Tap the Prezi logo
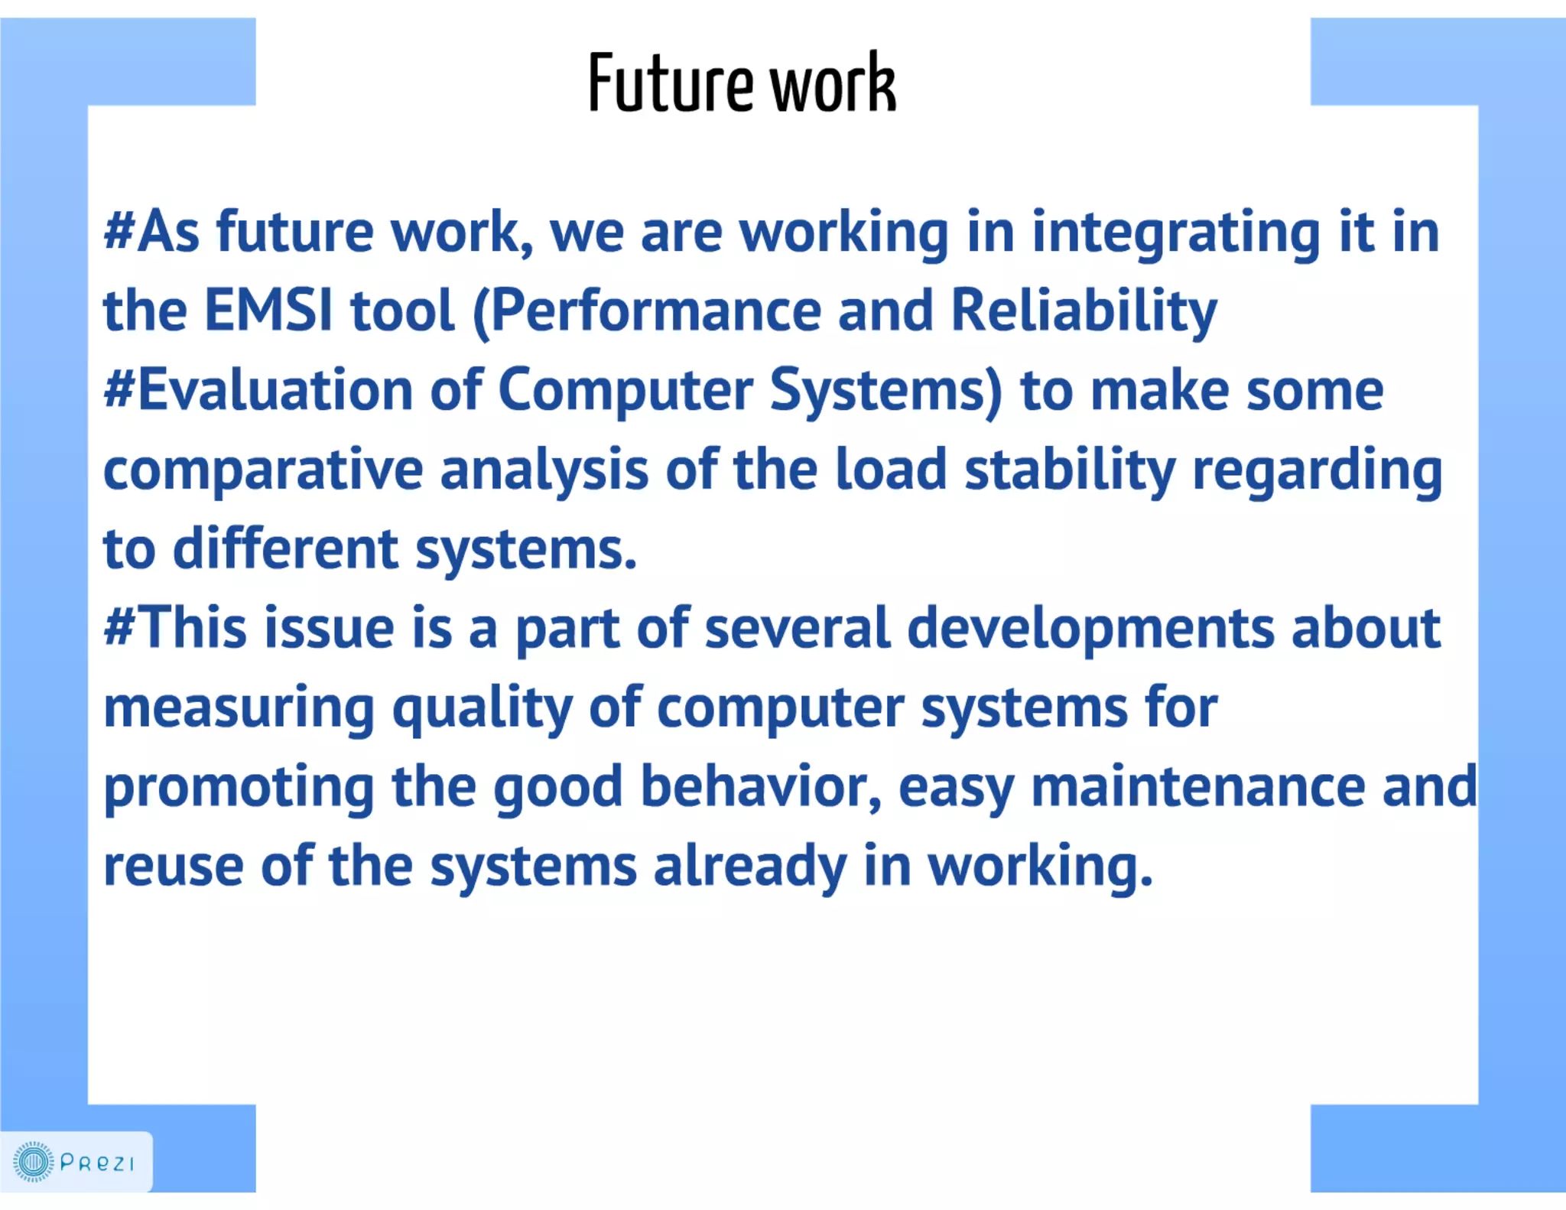(74, 1163)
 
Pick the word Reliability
(1084, 312)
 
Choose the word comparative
(262, 470)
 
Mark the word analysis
(544, 470)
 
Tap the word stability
(1070, 470)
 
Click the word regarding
(1317, 470)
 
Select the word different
(285, 549)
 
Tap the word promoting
(239, 788)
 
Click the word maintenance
(1197, 788)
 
